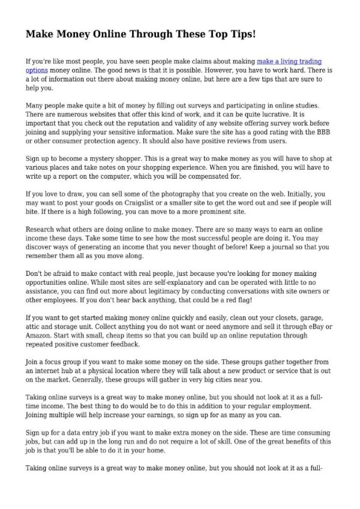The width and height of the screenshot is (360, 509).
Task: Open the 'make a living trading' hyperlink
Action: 289,61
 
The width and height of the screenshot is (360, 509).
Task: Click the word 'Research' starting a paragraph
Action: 41,230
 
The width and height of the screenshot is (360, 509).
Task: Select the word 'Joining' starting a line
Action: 39,415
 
